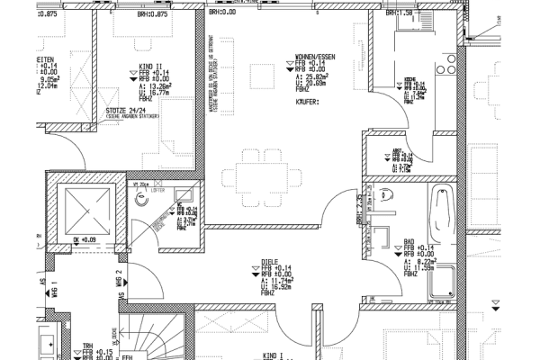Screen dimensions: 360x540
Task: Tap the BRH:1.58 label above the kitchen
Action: (401, 13)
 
